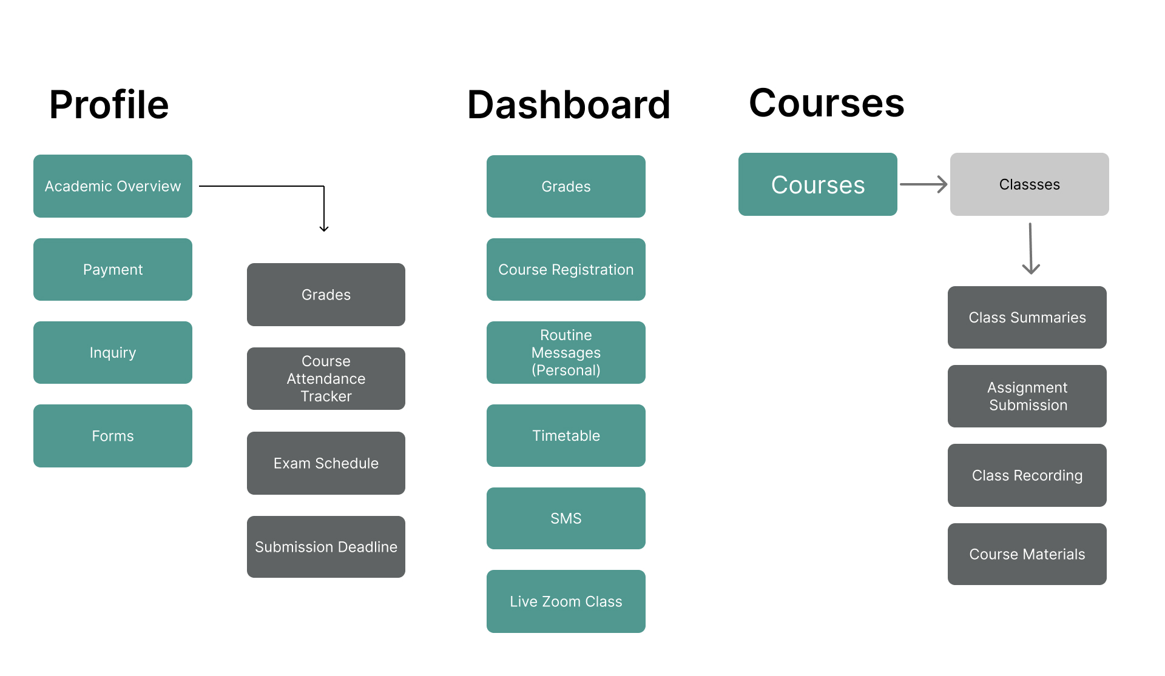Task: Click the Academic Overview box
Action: click(113, 186)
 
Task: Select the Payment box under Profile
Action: click(113, 269)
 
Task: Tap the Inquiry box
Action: click(113, 352)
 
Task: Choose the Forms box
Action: click(113, 435)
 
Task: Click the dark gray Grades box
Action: click(326, 295)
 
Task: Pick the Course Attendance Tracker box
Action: click(326, 378)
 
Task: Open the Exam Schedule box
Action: click(326, 463)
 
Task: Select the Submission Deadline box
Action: click(326, 547)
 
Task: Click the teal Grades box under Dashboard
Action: click(566, 186)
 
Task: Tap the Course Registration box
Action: click(566, 269)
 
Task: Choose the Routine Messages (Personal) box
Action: click(566, 352)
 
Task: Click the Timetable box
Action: click(566, 435)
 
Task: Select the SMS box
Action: click(566, 518)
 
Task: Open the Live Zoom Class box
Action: click(566, 601)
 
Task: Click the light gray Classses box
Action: click(1029, 184)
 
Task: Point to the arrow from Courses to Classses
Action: click(923, 184)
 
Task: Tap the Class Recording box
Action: click(1027, 475)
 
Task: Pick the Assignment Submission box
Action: click(1027, 396)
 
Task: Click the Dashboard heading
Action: click(569, 105)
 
